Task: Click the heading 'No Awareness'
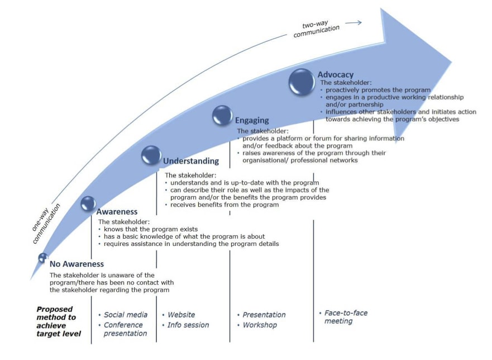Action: click(x=77, y=264)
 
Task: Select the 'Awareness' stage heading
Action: click(x=117, y=212)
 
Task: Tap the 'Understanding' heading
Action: click(x=190, y=162)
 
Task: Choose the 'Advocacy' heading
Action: click(x=335, y=75)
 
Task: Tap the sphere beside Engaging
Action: click(x=222, y=116)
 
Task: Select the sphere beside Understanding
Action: click(x=151, y=155)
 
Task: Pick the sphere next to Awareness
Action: click(x=88, y=203)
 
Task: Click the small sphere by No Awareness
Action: click(x=42, y=258)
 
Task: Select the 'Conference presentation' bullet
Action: click(x=125, y=329)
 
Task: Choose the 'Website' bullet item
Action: click(x=182, y=315)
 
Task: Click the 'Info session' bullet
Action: click(x=189, y=325)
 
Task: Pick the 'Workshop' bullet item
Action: click(x=260, y=325)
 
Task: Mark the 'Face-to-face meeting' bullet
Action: click(x=346, y=317)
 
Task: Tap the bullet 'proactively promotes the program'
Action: click(x=378, y=90)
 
